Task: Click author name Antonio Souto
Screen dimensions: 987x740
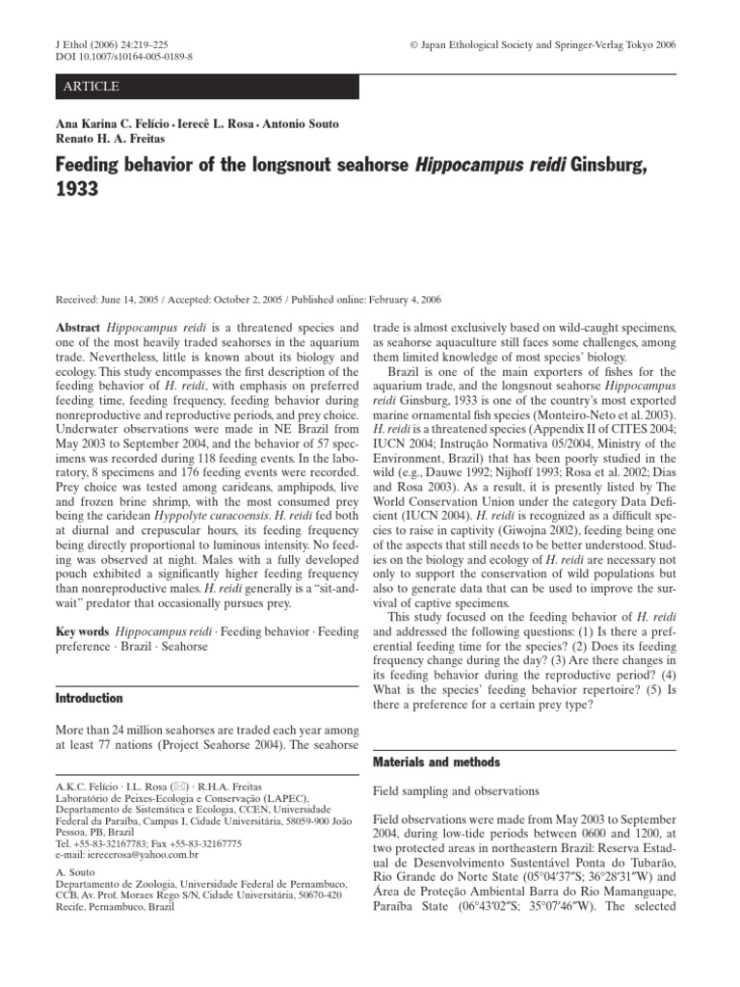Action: point(289,124)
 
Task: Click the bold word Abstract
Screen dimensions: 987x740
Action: point(78,328)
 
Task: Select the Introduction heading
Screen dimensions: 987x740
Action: point(89,698)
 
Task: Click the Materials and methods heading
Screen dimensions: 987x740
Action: point(436,761)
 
